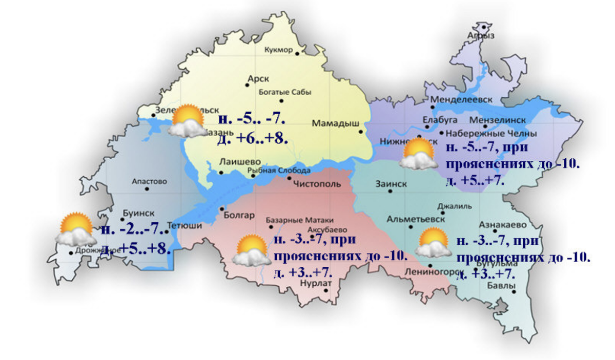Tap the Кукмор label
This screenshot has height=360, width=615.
click(278, 50)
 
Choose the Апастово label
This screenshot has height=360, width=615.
click(150, 181)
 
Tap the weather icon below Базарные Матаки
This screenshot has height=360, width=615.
click(251, 250)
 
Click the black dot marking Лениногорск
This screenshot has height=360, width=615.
click(429, 265)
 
